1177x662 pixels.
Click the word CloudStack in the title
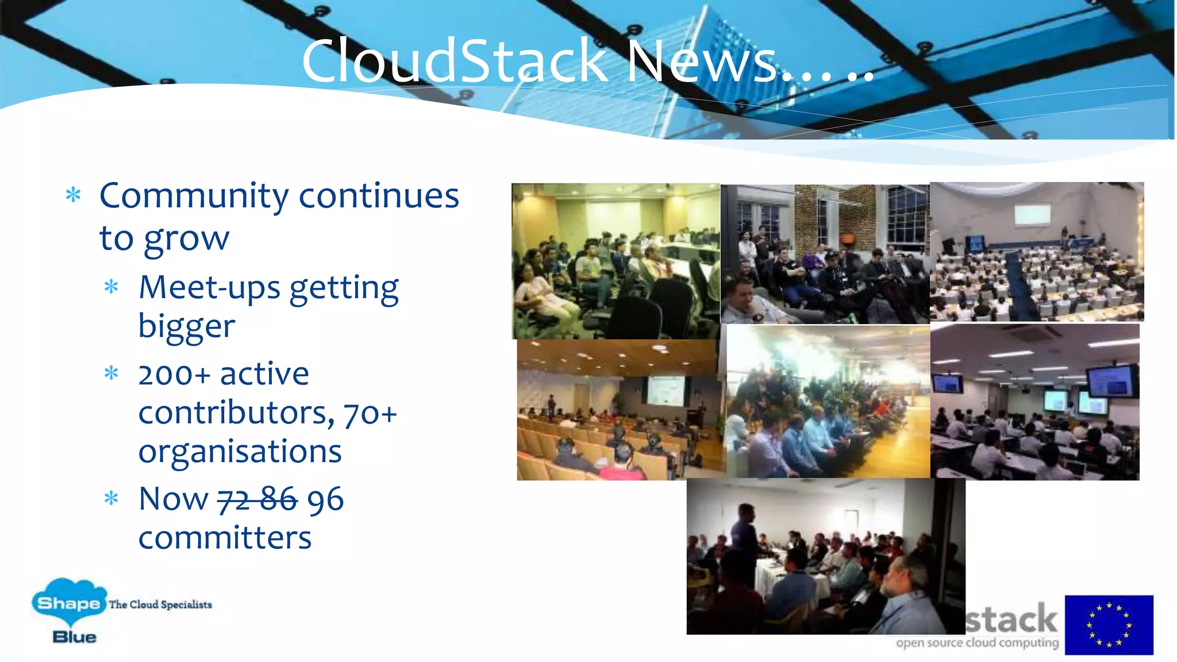click(454, 61)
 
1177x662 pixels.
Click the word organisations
click(240, 452)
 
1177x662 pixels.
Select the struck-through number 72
click(233, 499)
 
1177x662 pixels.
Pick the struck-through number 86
click(279, 499)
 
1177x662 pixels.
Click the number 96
click(325, 499)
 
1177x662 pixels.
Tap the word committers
click(225, 538)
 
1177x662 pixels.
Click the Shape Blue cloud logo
click(69, 603)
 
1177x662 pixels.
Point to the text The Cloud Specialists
click(160, 605)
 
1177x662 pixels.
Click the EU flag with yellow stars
click(1109, 625)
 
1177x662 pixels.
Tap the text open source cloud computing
click(977, 642)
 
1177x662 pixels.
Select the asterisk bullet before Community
click(73, 195)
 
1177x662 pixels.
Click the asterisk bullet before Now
click(111, 498)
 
